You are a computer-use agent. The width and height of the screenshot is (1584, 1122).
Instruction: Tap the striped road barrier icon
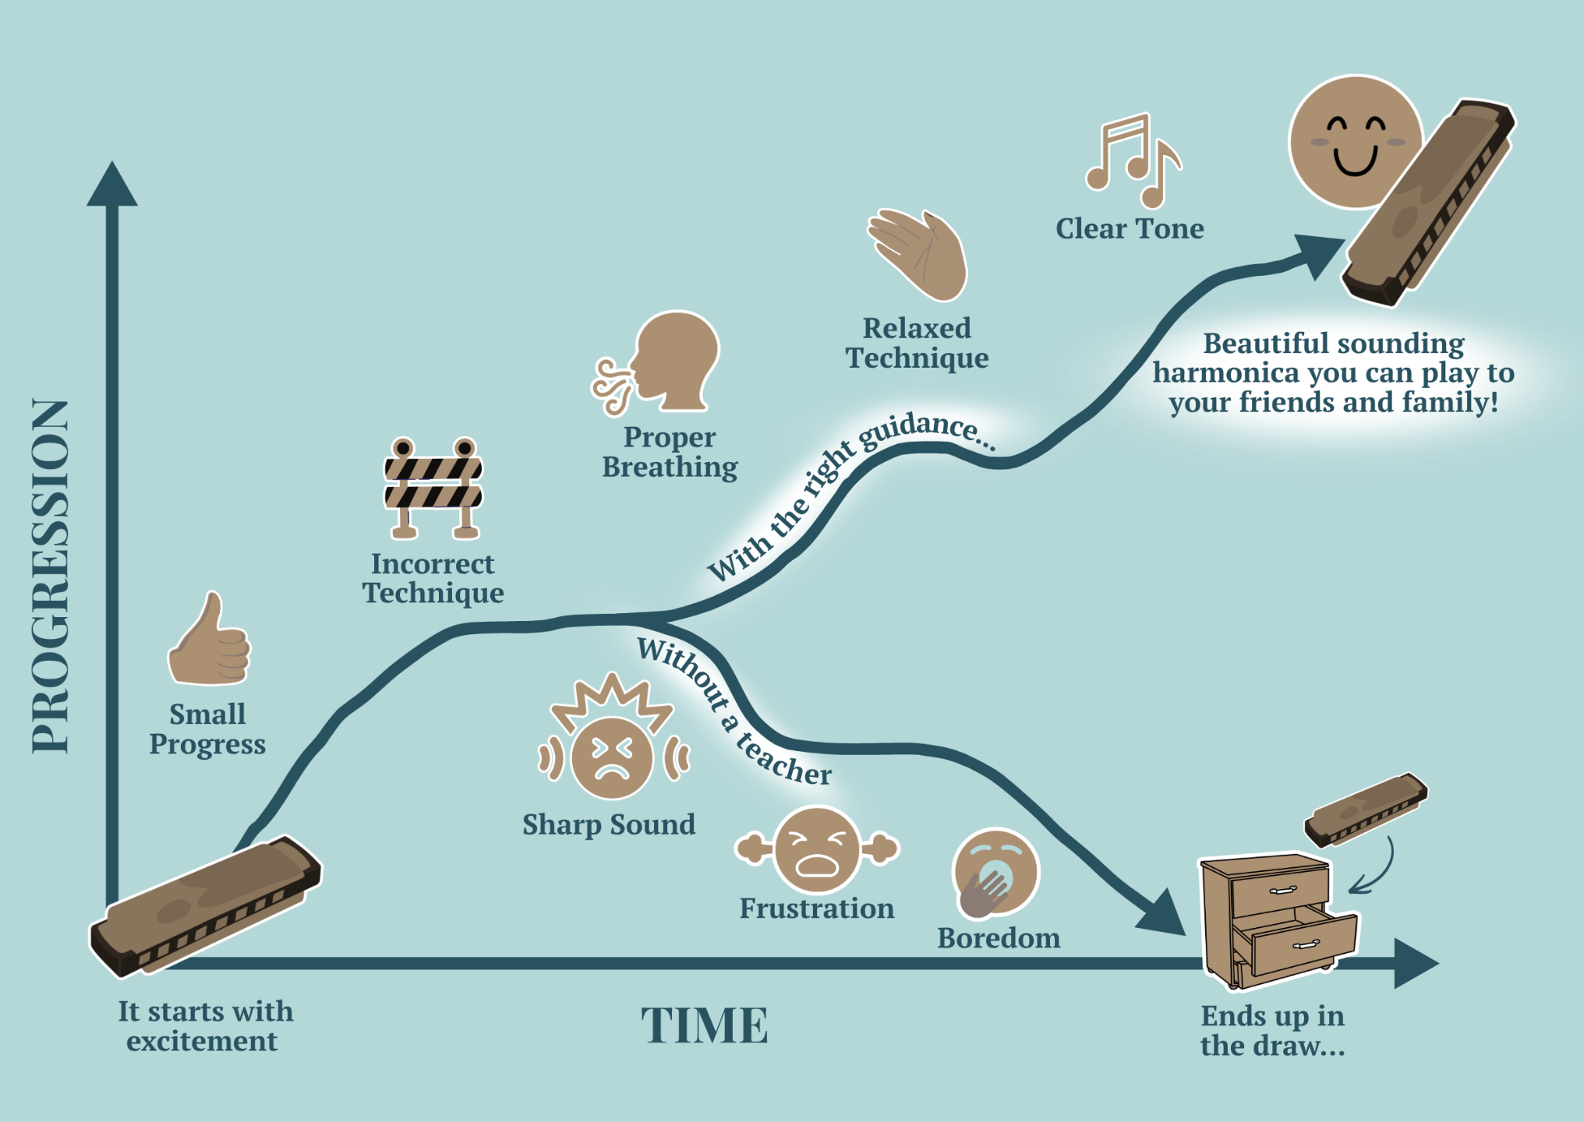(x=433, y=488)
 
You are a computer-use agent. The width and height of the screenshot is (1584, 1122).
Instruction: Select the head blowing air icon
(x=656, y=362)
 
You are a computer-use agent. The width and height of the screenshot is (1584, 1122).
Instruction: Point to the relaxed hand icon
(x=918, y=254)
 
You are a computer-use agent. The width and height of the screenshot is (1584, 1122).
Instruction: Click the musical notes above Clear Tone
(x=1133, y=160)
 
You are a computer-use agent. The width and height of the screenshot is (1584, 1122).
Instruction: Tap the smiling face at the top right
(x=1355, y=142)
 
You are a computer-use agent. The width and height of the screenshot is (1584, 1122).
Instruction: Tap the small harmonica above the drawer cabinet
(x=1366, y=810)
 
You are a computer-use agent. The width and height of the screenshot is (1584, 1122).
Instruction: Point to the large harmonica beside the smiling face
(x=1428, y=203)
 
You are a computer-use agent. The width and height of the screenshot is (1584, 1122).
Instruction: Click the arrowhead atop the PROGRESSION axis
(x=112, y=185)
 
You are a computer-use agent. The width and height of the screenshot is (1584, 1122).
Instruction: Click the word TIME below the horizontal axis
(x=705, y=1025)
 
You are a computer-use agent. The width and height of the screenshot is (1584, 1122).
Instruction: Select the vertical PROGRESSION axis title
(x=50, y=577)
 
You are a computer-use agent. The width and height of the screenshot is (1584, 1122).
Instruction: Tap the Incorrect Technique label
(x=433, y=578)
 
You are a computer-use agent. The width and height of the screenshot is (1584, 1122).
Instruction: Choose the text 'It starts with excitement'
(x=205, y=1026)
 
